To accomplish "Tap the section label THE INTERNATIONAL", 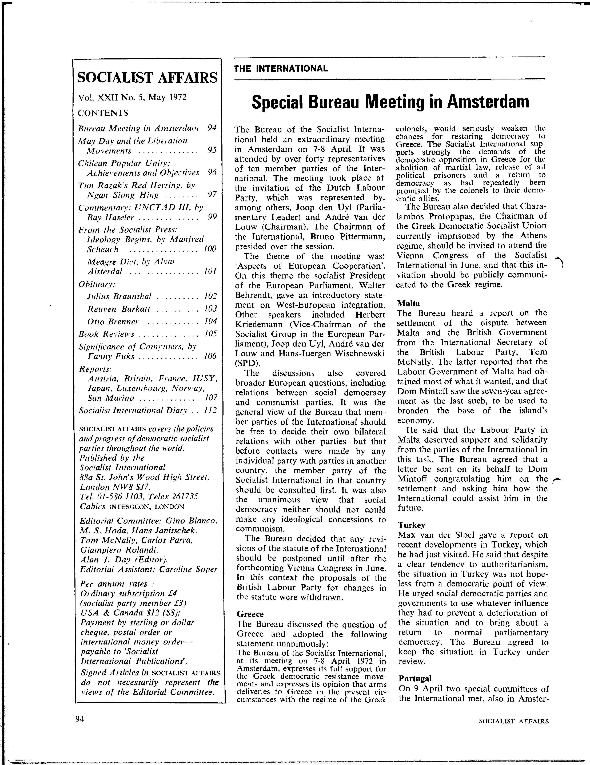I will click(x=281, y=69).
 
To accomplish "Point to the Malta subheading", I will click(x=409, y=303).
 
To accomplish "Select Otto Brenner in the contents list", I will click(x=113, y=321).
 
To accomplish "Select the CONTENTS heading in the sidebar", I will click(x=103, y=113).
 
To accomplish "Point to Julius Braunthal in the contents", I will click(x=119, y=296).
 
